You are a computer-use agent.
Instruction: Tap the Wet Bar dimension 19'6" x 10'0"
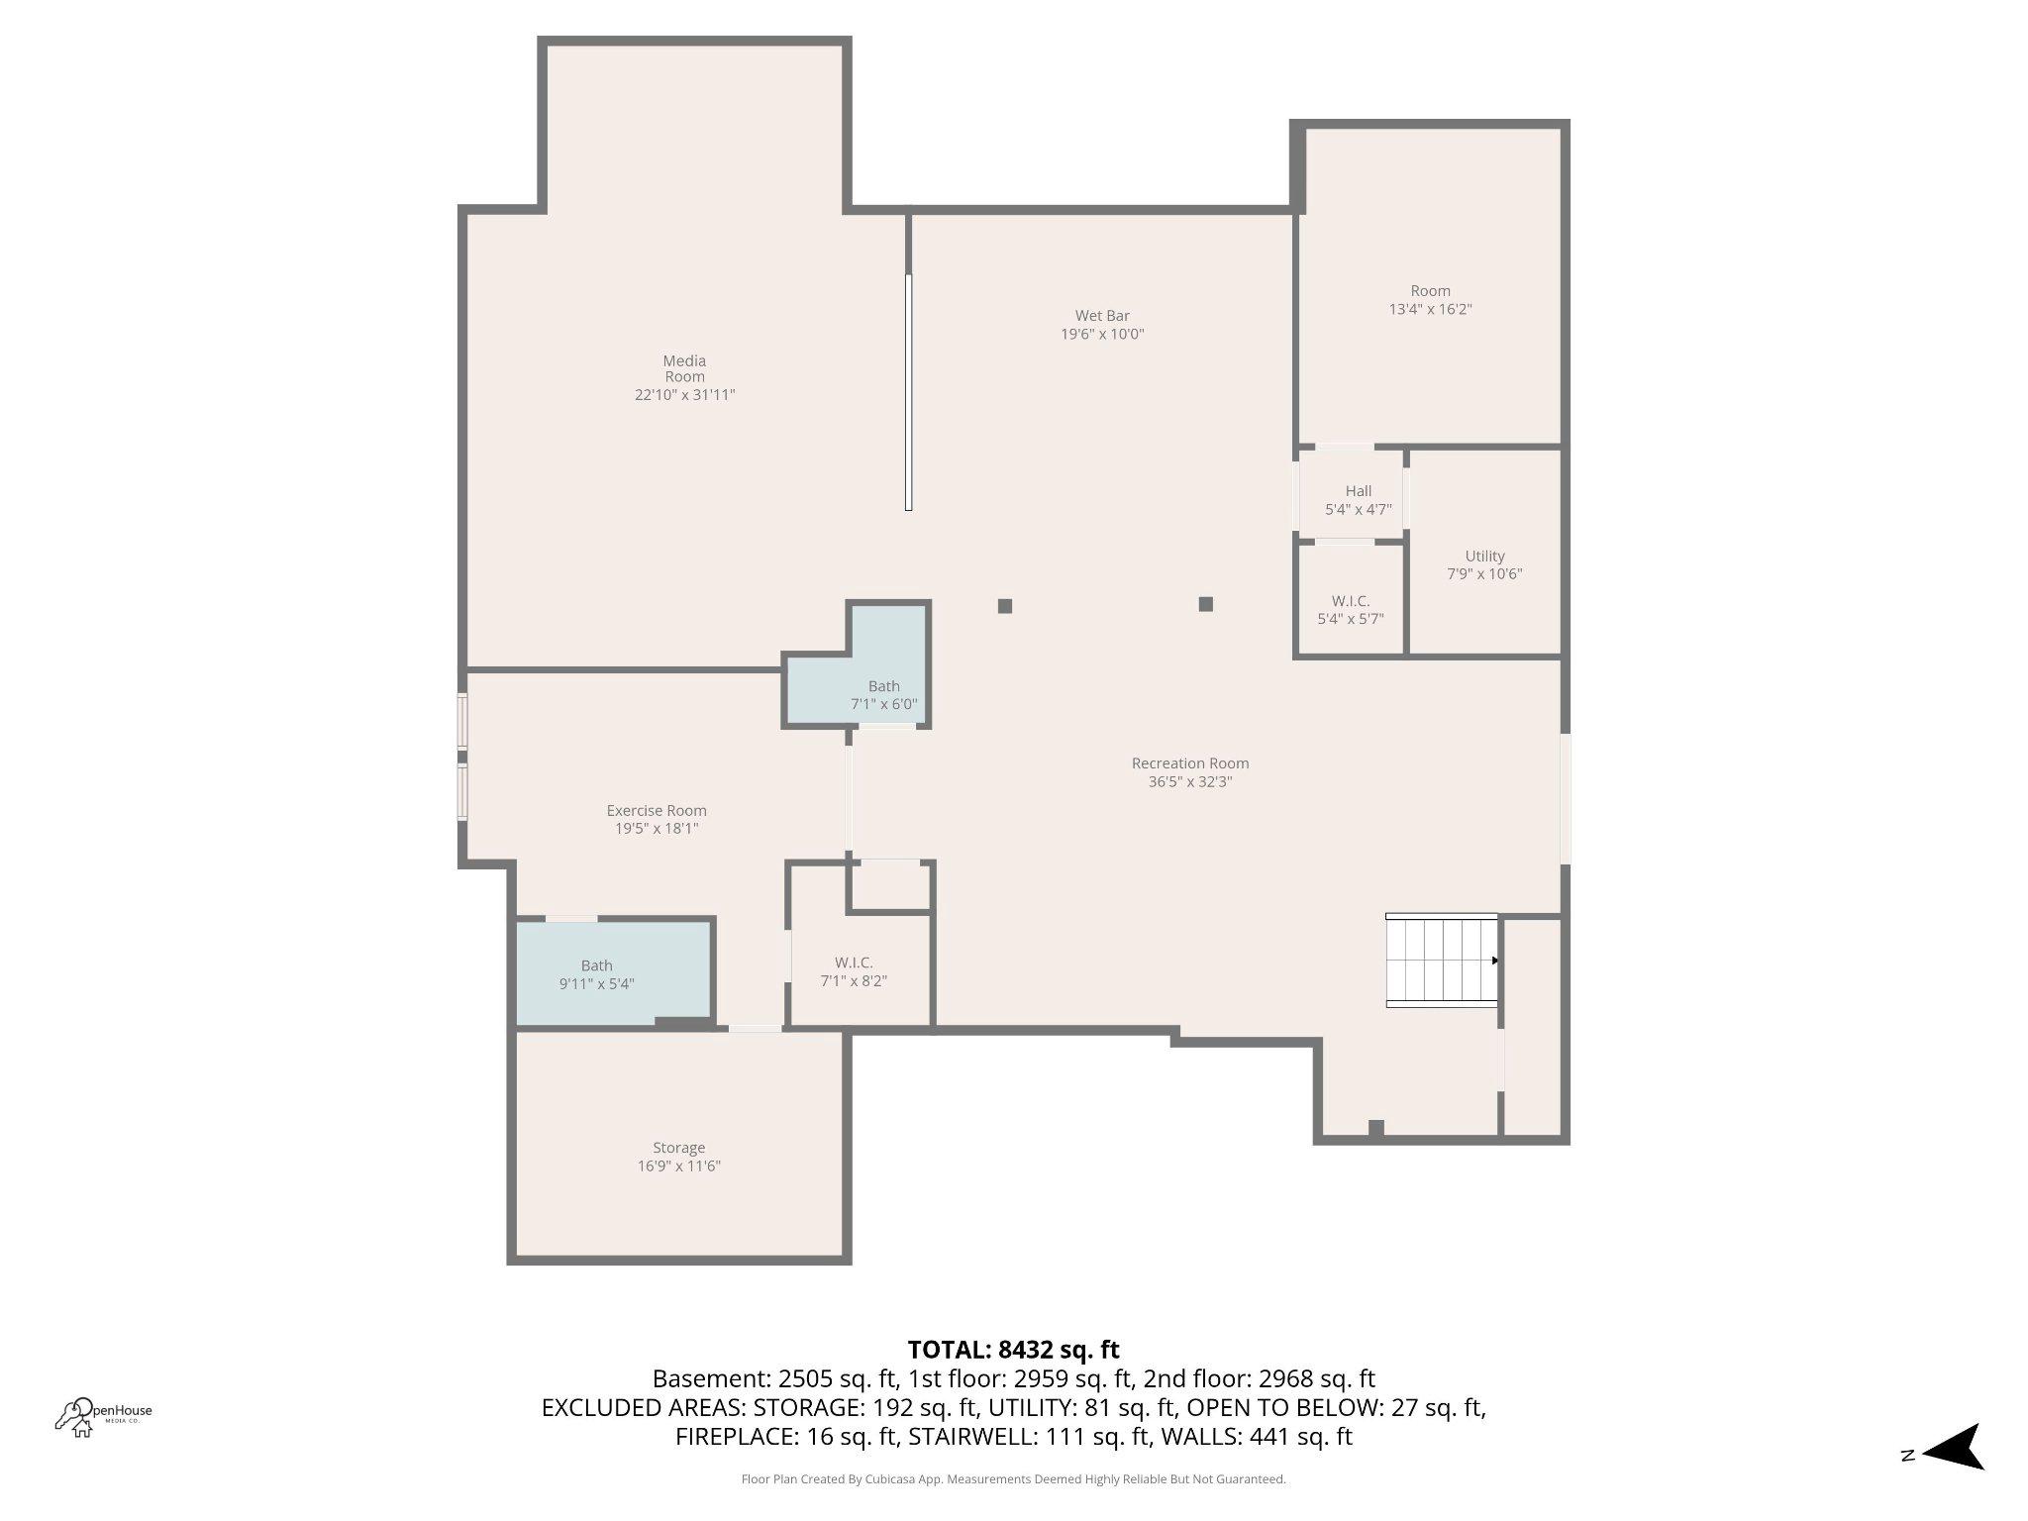(x=1102, y=335)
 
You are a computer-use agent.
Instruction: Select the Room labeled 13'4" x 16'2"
(x=1430, y=299)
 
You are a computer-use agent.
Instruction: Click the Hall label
(x=1358, y=491)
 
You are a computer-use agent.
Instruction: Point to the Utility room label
(x=1484, y=557)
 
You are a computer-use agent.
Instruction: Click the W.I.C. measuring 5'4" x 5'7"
(x=1350, y=610)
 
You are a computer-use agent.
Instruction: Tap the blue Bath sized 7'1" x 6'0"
(x=883, y=695)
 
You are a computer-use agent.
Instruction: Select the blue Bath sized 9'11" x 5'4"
(x=596, y=974)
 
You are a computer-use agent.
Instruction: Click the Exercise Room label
(x=657, y=810)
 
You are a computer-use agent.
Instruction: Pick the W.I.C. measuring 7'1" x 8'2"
(x=854, y=972)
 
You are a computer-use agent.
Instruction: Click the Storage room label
(x=678, y=1148)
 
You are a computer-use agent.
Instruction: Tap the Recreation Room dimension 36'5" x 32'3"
(x=1189, y=782)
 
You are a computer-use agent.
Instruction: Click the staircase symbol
(x=1441, y=961)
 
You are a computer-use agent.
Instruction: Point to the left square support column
(x=1005, y=606)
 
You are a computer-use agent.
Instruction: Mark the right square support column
(x=1205, y=604)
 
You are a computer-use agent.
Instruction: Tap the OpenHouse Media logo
(x=103, y=1415)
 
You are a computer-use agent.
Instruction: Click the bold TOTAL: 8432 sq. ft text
(x=1013, y=1350)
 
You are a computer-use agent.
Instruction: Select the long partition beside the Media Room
(x=908, y=392)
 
